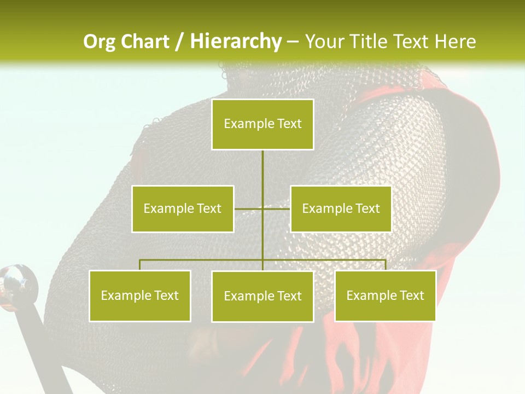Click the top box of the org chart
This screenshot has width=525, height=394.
coord(262,124)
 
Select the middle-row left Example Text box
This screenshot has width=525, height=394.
coord(183,208)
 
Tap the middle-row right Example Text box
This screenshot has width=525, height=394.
coord(341,208)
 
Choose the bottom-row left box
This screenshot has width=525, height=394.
coord(140,296)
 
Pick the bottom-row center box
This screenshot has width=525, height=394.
coord(262,296)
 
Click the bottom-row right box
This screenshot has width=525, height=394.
coord(385,296)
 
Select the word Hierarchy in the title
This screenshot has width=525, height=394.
coord(236,42)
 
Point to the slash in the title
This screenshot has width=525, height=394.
coord(180,42)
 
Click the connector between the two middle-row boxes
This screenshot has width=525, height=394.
coord(262,208)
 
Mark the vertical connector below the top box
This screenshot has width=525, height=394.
coord(262,167)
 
